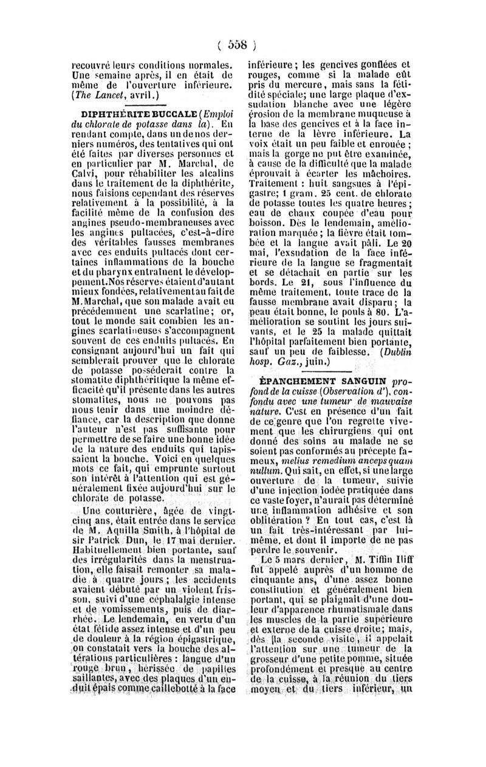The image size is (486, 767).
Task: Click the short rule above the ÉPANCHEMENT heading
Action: coord(332,371)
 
